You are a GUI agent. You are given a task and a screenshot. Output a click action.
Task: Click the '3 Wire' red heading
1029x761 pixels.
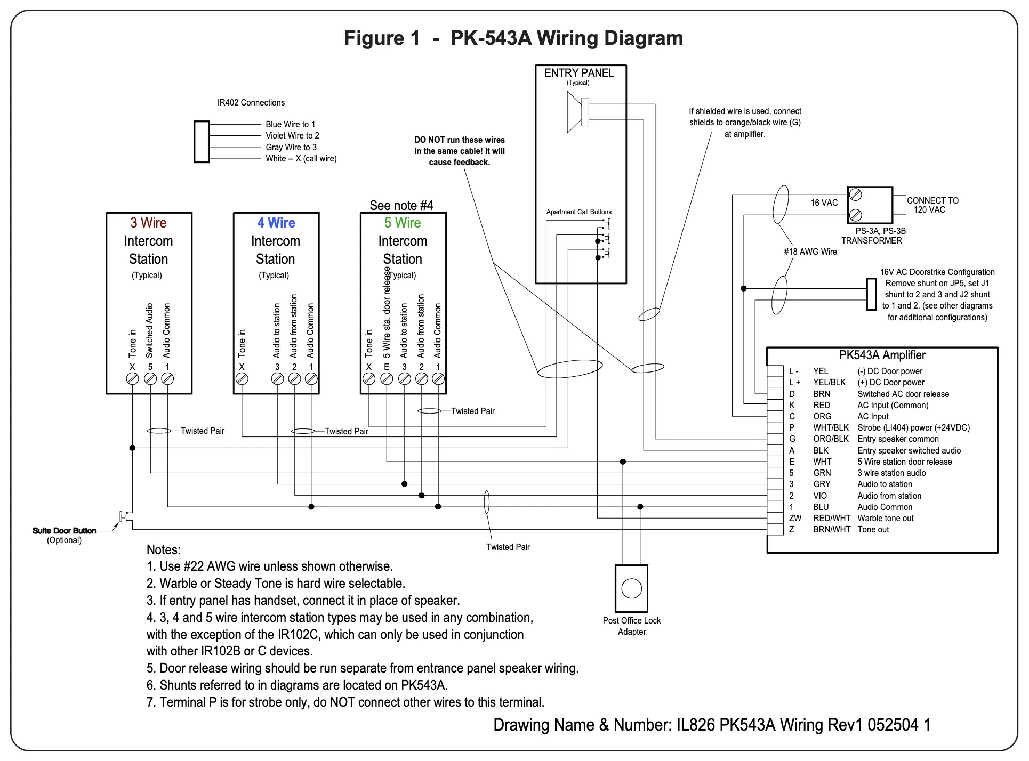pyautogui.click(x=148, y=223)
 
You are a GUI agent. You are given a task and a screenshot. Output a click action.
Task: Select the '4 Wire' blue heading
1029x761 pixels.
pyautogui.click(x=276, y=223)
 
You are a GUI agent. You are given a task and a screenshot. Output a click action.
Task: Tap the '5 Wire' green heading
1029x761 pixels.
pyautogui.click(x=403, y=223)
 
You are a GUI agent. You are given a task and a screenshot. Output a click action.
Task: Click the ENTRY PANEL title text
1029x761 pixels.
pyautogui.click(x=579, y=73)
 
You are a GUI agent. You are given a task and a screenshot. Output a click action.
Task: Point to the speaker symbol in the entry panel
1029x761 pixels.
pyautogui.click(x=577, y=112)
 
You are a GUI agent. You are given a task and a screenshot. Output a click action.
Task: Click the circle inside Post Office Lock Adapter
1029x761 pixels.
pyautogui.click(x=631, y=588)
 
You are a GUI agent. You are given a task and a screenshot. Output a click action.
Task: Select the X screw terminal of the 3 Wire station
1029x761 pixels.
pyautogui.click(x=133, y=378)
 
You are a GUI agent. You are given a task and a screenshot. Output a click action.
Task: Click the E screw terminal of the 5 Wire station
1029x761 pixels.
pyautogui.click(x=387, y=378)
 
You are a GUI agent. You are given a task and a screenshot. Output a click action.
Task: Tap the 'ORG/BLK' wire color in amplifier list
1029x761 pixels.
pyautogui.click(x=831, y=439)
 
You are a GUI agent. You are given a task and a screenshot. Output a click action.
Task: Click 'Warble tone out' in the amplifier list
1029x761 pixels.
pyautogui.click(x=885, y=518)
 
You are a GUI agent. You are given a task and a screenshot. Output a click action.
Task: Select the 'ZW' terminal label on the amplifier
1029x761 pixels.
pyautogui.click(x=795, y=518)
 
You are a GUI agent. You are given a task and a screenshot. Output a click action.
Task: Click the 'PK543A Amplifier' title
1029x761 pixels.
pyautogui.click(x=882, y=355)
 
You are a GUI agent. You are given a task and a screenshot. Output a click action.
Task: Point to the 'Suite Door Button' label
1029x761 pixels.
pyautogui.click(x=65, y=531)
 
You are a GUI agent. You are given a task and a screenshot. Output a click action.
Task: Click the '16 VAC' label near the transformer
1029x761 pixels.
pyautogui.click(x=824, y=203)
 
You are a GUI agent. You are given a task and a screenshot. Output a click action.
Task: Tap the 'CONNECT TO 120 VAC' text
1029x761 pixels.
pyautogui.click(x=932, y=205)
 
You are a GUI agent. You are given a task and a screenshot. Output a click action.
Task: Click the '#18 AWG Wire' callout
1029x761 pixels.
pyautogui.click(x=810, y=252)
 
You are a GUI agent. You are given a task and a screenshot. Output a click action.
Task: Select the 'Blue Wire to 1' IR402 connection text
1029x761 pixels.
pyautogui.click(x=290, y=124)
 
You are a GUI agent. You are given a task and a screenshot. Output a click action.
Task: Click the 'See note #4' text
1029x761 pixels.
pyautogui.click(x=401, y=206)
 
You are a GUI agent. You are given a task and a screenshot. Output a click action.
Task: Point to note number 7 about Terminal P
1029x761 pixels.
pyautogui.click(x=345, y=702)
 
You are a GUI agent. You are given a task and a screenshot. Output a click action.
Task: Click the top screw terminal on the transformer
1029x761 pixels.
pyautogui.click(x=855, y=195)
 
